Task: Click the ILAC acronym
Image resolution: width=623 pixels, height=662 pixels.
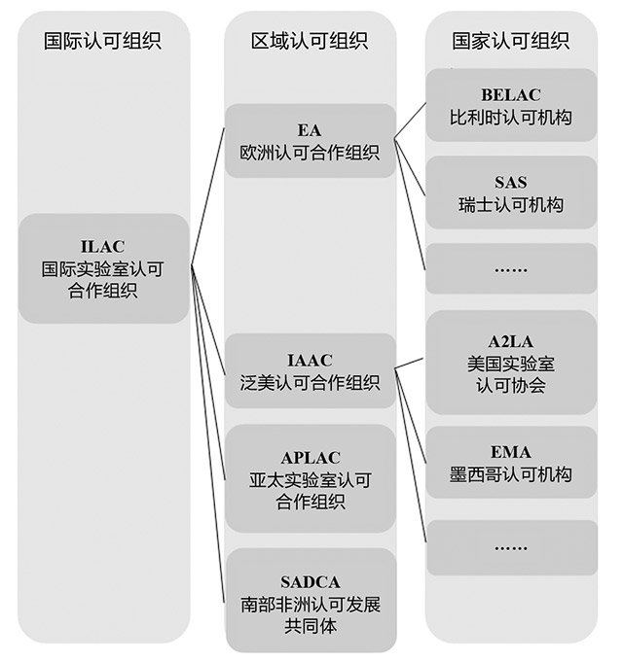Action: click(x=103, y=247)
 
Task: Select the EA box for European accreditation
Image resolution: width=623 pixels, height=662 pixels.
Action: click(x=311, y=141)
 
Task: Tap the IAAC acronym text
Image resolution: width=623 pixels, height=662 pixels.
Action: click(x=310, y=361)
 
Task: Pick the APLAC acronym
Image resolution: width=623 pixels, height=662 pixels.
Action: click(x=311, y=458)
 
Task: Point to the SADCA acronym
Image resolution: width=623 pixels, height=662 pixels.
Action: click(x=311, y=582)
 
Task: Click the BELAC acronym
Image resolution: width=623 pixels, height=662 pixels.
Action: click(x=511, y=95)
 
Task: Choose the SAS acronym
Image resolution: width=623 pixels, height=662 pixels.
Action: click(x=511, y=183)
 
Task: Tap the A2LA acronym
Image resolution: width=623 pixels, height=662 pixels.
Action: click(x=511, y=341)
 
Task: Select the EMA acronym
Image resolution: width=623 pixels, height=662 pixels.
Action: click(x=511, y=453)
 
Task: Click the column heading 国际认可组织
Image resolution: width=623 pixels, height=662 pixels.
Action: click(x=103, y=41)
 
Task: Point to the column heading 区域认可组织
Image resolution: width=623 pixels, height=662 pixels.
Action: click(x=310, y=41)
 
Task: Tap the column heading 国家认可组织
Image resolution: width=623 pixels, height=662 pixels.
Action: click(x=511, y=41)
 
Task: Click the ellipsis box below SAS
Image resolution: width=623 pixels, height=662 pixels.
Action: click(x=511, y=268)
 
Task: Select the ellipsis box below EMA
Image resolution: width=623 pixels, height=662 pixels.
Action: click(x=511, y=547)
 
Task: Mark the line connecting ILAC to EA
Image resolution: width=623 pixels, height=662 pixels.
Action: click(x=207, y=197)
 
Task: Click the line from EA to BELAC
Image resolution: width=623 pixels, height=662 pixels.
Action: click(x=411, y=121)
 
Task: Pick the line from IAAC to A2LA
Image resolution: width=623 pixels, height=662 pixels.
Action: click(x=409, y=364)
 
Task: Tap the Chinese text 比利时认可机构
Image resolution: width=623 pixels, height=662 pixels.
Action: click(x=511, y=118)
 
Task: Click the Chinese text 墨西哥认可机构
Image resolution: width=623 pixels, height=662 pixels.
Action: click(x=511, y=475)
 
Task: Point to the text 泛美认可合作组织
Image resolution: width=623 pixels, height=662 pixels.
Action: click(x=310, y=383)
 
